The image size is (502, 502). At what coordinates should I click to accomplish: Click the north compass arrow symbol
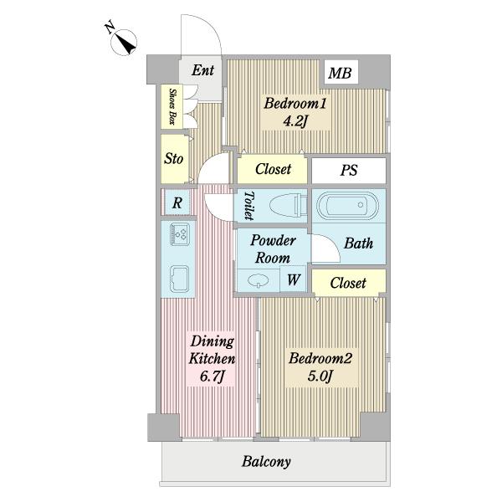pos(124,42)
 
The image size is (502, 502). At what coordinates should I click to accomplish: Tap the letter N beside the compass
pos(110,27)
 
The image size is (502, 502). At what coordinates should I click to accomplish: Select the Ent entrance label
pos(202,70)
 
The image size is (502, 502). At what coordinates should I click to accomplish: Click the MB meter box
pos(341,72)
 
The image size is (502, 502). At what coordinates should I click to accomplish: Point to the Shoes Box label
pos(173,106)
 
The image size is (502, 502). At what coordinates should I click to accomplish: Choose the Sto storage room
pos(174,159)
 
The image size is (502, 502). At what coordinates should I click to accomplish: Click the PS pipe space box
pos(349,170)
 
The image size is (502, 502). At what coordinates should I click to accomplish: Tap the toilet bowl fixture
pos(288,205)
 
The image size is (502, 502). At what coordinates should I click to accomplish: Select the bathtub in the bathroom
pos(348,205)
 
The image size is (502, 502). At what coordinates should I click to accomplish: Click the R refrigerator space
pos(177,202)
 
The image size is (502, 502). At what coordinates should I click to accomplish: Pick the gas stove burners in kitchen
pos(180,234)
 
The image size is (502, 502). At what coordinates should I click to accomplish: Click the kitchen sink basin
pos(179,279)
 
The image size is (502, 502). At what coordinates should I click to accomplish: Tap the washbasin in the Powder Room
pos(258,280)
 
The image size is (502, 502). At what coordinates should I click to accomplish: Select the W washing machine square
pos(293,279)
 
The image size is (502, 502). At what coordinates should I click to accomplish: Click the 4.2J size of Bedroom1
pos(295,121)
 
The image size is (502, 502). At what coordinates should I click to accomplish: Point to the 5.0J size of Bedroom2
pos(320,376)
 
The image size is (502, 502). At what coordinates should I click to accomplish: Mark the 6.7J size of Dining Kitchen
pos(212,376)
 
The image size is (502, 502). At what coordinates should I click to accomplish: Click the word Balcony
pos(266,462)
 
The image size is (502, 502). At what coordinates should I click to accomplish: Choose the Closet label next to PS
pos(273,169)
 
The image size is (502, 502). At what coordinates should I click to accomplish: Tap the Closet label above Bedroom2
pos(348,283)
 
